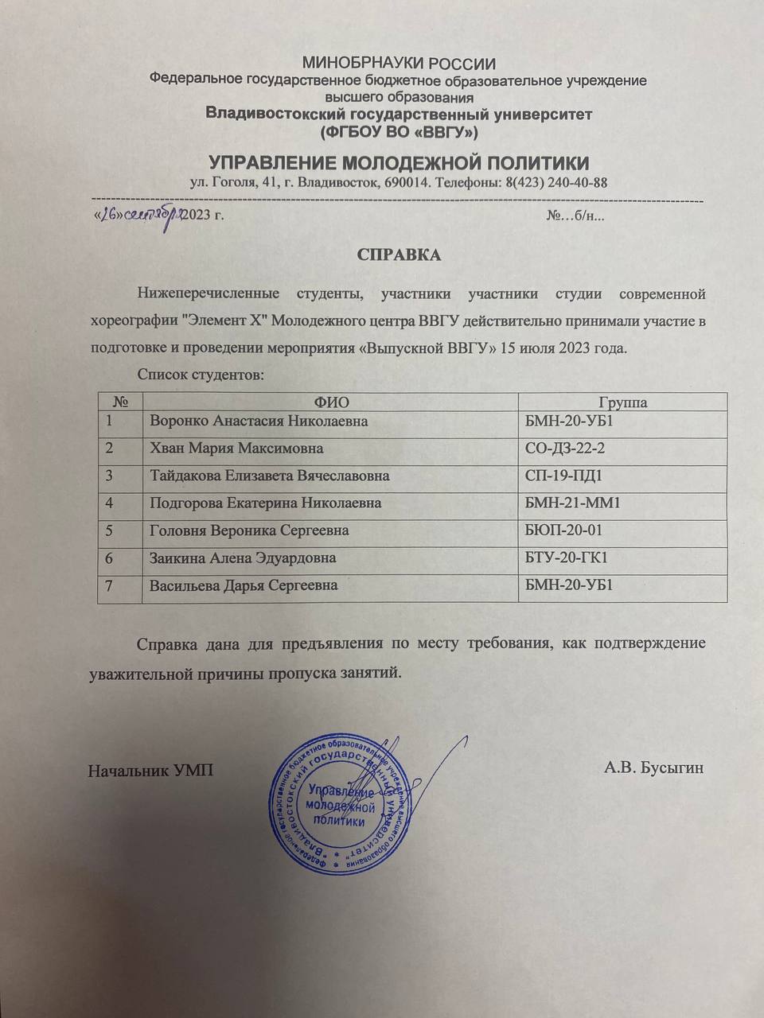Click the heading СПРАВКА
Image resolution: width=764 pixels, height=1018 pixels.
[399, 255]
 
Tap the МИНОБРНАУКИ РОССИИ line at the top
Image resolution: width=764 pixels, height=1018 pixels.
[399, 64]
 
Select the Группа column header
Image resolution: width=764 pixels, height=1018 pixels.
[622, 402]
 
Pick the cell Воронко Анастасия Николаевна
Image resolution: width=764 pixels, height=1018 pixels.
[259, 422]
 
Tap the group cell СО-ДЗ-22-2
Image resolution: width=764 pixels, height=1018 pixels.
[565, 449]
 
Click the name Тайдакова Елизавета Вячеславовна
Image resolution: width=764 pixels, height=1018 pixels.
[270, 476]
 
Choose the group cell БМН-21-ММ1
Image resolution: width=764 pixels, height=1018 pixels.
[573, 503]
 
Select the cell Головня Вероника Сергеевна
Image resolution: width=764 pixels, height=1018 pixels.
[249, 530]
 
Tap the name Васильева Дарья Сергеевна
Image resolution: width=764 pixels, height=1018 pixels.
[244, 585]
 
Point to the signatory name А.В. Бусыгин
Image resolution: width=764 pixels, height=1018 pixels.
[653, 768]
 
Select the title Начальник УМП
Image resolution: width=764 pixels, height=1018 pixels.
[150, 770]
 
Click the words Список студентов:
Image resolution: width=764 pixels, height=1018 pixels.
[200, 374]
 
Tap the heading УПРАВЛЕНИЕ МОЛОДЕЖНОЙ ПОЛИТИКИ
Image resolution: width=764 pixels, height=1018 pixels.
[399, 164]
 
